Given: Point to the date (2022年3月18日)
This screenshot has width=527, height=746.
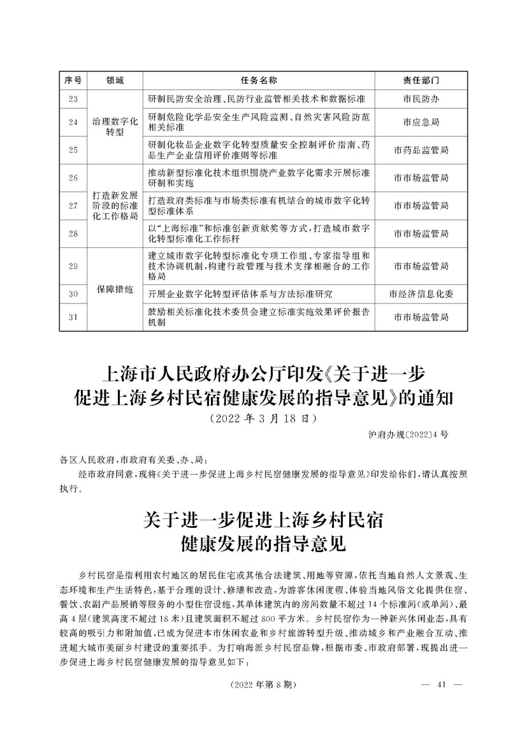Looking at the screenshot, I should (263, 420).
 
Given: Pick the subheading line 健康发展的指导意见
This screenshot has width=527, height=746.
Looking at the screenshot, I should (263, 544).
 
